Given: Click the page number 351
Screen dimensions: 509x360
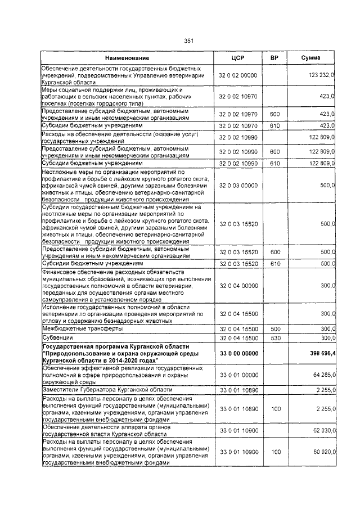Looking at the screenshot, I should [x=188, y=40].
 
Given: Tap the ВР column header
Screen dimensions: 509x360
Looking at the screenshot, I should [x=274, y=58].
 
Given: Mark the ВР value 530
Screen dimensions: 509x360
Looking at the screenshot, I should [x=274, y=337].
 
